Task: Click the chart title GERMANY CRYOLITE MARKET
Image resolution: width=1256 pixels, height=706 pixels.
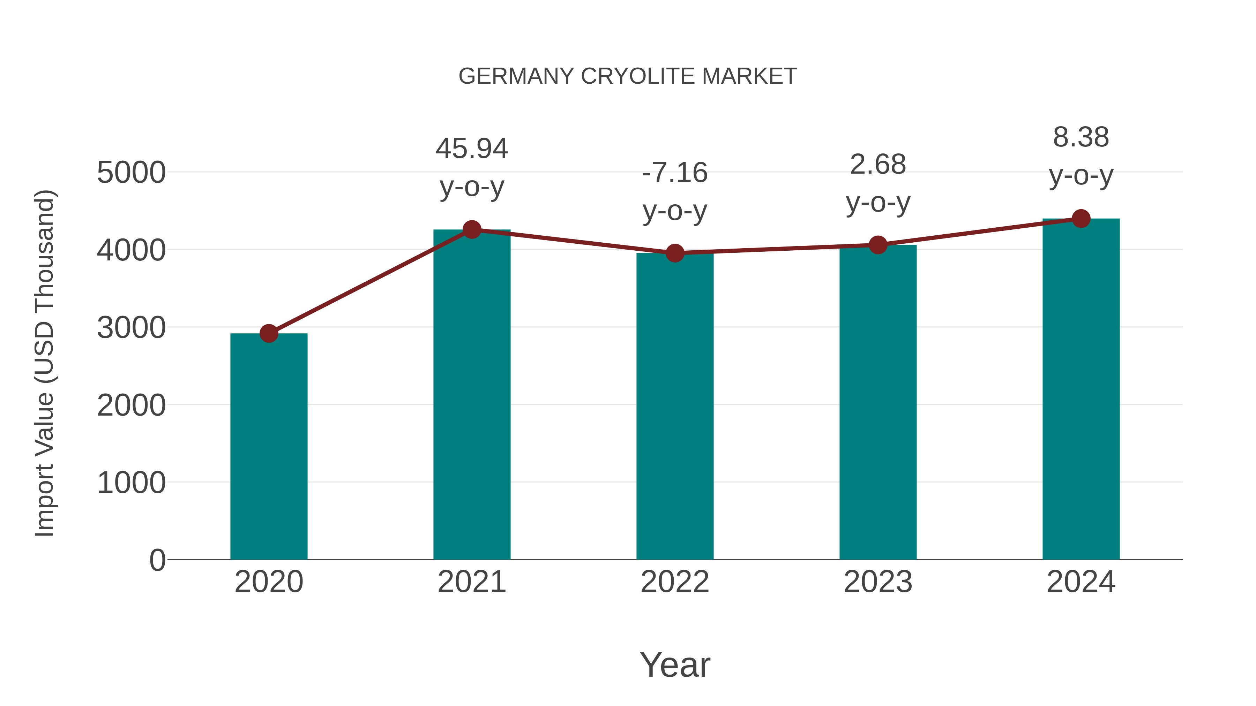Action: pos(628,76)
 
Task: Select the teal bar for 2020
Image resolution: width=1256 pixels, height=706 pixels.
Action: pos(269,446)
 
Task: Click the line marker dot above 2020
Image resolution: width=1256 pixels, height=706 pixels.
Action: pos(269,334)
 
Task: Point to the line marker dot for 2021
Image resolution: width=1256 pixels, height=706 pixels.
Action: pos(471,229)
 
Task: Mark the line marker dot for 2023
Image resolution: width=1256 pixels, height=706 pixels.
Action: pos(878,245)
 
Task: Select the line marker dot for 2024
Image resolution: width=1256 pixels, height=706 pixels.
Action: pos(1081,219)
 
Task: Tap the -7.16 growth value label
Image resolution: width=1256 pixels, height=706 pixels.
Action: pos(675,173)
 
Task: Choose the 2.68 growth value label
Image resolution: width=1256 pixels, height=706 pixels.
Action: pos(878,165)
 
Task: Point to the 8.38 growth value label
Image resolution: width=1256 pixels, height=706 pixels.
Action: pos(1081,137)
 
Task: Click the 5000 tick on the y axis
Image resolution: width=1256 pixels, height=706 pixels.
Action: pos(131,173)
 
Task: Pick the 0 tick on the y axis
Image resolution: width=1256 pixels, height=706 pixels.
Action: pos(157,560)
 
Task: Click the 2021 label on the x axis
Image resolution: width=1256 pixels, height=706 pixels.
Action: pos(471,582)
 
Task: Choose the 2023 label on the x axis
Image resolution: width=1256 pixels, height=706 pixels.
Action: pos(878,582)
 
